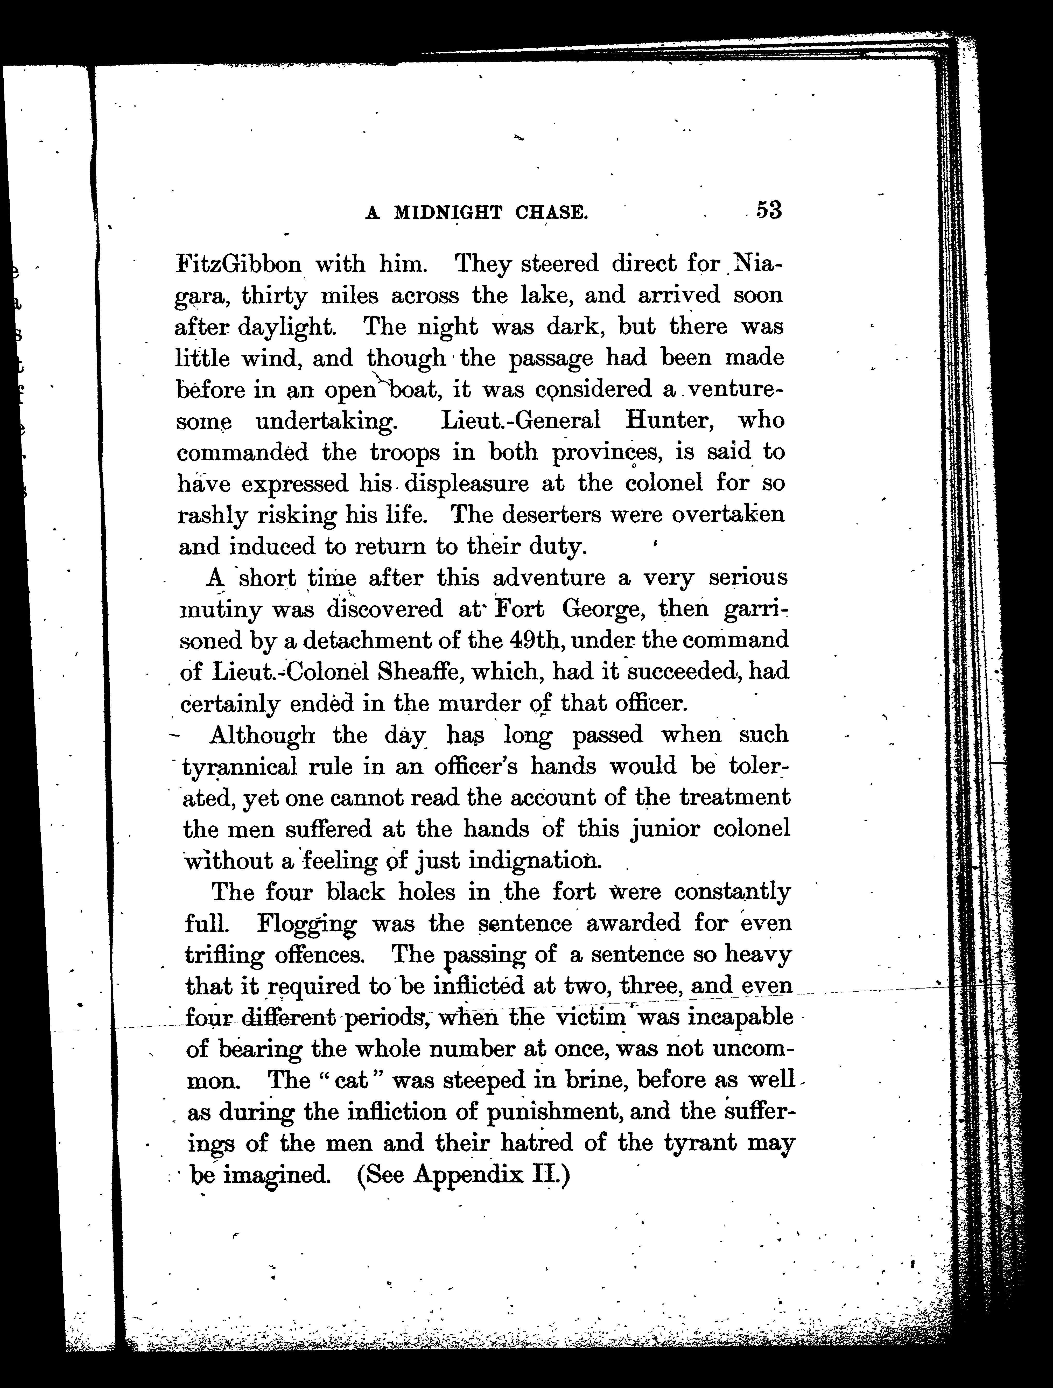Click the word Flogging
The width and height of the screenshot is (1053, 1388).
[306, 924]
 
